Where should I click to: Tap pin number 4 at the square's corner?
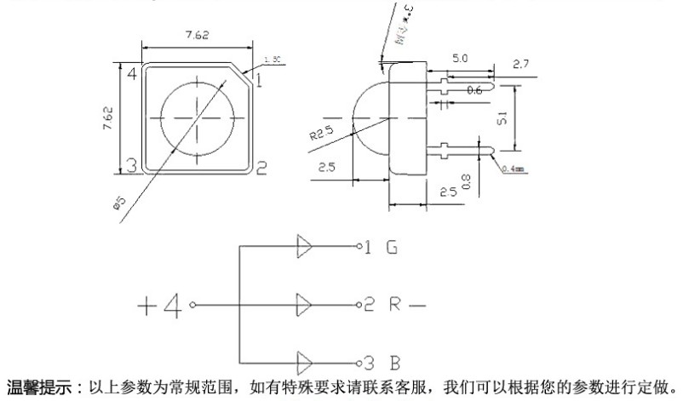coord(132,73)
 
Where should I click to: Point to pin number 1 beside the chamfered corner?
coord(258,82)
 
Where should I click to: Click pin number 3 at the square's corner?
coord(132,165)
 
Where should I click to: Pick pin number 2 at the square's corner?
coord(261,167)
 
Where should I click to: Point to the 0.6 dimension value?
coord(474,89)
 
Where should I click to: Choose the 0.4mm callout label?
coord(515,169)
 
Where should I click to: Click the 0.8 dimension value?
coord(464,180)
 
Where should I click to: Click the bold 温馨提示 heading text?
coord(38,387)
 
